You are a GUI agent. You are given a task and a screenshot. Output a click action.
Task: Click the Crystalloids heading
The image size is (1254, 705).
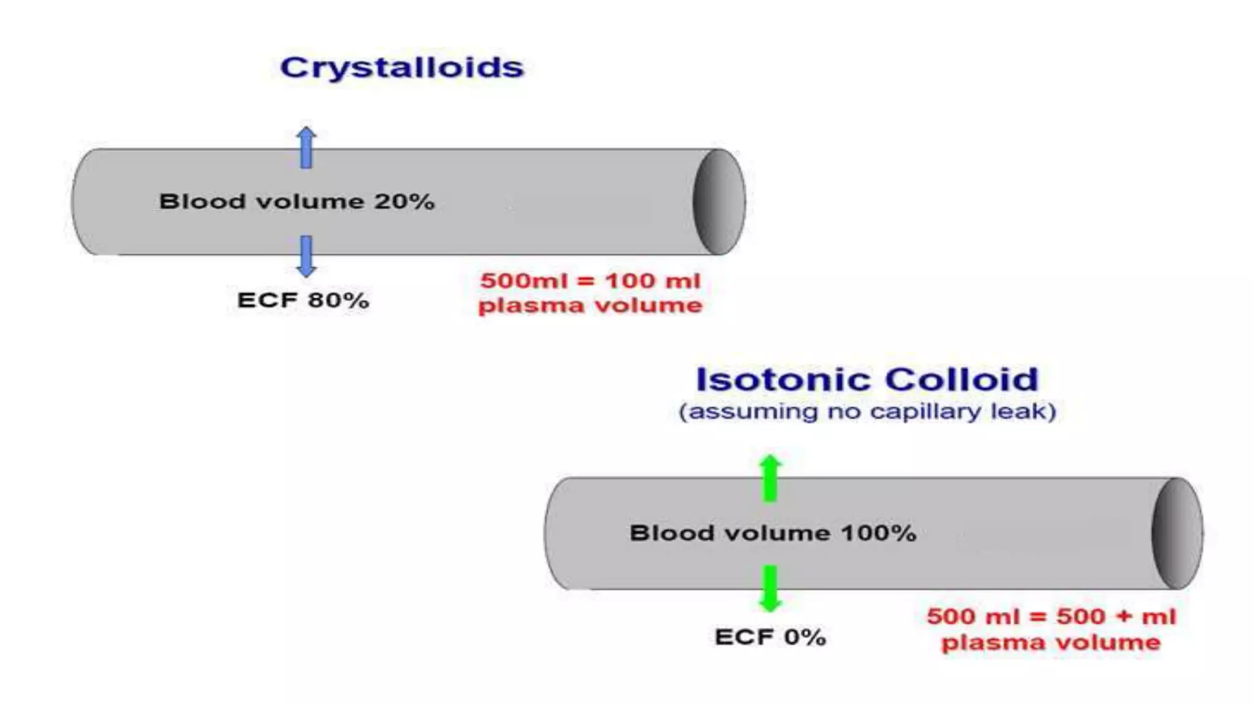pos(402,67)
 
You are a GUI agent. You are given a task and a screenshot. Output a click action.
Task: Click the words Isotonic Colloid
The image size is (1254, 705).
pos(867,379)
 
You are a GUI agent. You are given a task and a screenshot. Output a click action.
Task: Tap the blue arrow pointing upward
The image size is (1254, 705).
pos(306,147)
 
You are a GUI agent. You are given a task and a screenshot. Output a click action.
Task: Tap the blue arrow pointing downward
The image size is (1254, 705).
pos(306,256)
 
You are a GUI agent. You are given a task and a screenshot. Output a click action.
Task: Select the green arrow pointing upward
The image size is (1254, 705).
pos(770,479)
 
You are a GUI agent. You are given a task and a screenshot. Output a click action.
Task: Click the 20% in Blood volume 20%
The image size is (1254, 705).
pos(404,201)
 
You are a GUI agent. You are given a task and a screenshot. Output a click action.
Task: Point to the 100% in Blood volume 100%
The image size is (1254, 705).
pos(879,533)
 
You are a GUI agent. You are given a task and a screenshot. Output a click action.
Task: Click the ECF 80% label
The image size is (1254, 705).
pos(303,300)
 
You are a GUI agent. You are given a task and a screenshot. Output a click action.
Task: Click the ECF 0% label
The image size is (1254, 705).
pos(770,637)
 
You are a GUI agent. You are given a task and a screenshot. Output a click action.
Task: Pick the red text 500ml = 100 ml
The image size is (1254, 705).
pos(590,281)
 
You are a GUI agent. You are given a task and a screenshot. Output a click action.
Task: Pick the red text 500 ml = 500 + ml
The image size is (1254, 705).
pos(1051,616)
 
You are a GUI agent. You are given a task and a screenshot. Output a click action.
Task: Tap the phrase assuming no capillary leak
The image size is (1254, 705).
pos(867,411)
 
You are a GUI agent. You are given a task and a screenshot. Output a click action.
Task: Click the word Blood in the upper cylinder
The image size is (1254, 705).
pos(202,201)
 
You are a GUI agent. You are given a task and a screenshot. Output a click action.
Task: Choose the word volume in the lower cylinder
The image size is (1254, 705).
pos(777,533)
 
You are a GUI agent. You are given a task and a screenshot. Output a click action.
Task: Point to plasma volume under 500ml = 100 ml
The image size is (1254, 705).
pos(590,305)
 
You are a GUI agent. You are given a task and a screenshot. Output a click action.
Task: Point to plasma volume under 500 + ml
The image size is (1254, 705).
pos(1051,643)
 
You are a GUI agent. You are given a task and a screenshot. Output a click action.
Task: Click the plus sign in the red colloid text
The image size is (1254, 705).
pos(1124,616)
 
